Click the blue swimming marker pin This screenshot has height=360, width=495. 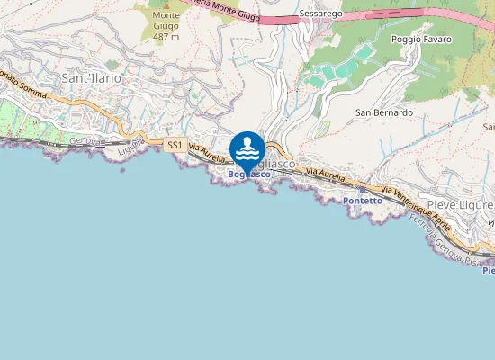[x=247, y=148]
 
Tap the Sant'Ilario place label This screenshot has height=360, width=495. [x=92, y=79]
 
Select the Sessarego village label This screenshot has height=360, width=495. [x=321, y=16]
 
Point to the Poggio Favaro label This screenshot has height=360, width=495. [x=421, y=40]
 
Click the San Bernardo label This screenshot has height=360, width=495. [x=384, y=113]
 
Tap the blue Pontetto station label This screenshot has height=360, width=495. [x=363, y=201]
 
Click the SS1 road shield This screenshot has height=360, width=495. [x=175, y=145]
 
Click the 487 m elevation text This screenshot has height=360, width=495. [x=166, y=36]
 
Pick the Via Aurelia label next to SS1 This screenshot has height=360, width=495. [x=206, y=155]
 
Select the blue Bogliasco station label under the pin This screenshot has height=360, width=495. [x=248, y=174]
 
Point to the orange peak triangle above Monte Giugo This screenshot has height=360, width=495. [x=166, y=4]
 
